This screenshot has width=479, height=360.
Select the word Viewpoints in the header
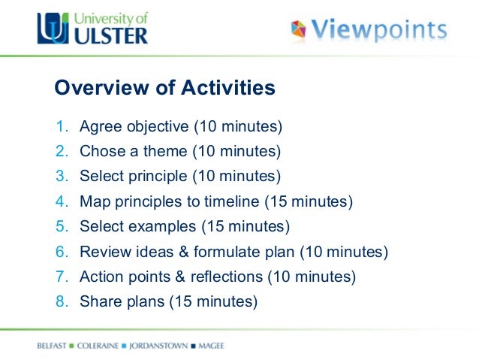coord(380,30)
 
